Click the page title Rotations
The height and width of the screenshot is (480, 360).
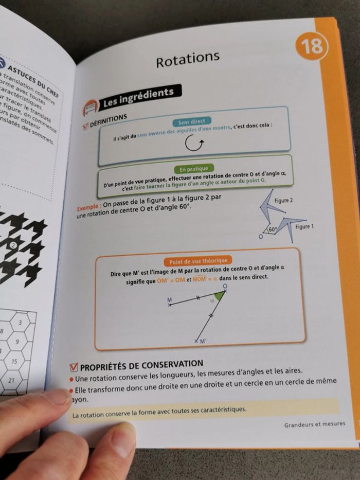[187, 60]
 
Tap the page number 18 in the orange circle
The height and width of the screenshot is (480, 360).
[312, 46]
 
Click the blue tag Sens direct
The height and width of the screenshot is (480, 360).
[191, 122]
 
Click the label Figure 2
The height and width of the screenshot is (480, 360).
[284, 200]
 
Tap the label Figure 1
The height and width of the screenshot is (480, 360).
[304, 227]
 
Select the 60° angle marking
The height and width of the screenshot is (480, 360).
[272, 230]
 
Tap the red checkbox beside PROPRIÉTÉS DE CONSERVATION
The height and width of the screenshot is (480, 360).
[74, 367]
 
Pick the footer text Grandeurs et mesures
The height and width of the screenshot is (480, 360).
[314, 424]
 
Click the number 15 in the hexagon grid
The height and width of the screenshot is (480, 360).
[14, 362]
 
